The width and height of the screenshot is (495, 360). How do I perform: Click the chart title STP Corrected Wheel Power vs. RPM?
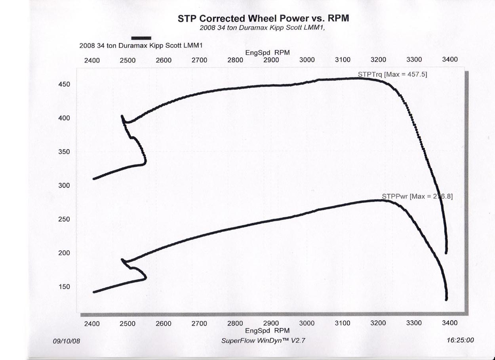[x=263, y=19]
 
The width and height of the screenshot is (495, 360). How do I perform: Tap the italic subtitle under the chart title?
[x=263, y=28]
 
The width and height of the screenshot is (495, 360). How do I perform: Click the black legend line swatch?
[x=141, y=38]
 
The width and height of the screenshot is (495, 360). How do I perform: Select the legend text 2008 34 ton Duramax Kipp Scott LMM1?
[x=141, y=46]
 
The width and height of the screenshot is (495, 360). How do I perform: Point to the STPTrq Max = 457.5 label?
[x=392, y=74]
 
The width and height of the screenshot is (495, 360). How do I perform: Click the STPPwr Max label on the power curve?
[x=417, y=196]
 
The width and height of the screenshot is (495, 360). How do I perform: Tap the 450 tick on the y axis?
[x=65, y=84]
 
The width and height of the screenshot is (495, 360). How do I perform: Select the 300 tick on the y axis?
[x=65, y=185]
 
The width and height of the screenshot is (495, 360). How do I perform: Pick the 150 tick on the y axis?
[x=65, y=287]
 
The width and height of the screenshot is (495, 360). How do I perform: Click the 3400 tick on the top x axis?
[x=449, y=59]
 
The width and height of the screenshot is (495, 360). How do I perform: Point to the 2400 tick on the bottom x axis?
[x=92, y=324]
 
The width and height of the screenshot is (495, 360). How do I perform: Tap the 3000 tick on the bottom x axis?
[x=307, y=324]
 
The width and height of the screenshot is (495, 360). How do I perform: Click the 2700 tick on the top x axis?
[x=199, y=60]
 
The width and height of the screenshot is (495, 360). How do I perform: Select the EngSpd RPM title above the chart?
[x=267, y=53]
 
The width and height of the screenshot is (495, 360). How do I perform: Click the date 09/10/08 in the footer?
[x=66, y=341]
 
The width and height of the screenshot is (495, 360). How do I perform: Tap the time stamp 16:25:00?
[x=459, y=340]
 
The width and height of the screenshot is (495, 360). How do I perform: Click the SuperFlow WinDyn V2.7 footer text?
[x=264, y=341]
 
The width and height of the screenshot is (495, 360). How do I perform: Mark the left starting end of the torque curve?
[x=94, y=179]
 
